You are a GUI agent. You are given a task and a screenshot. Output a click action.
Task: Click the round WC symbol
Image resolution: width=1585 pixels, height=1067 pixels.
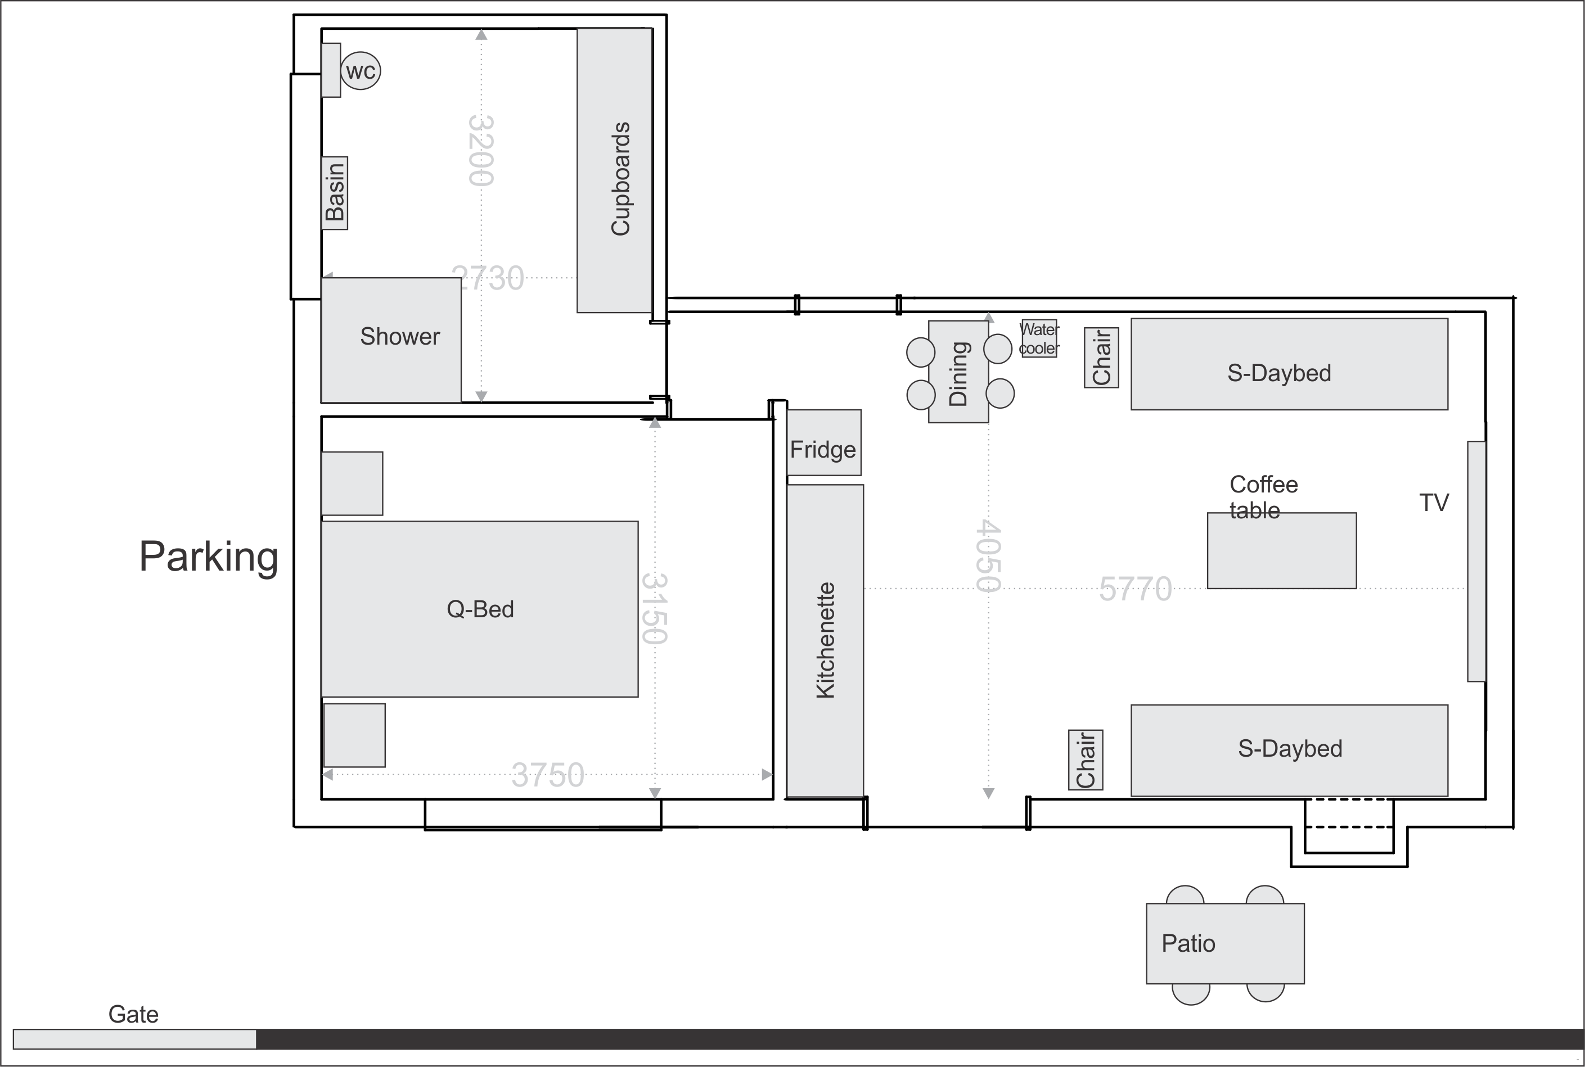pyautogui.click(x=360, y=71)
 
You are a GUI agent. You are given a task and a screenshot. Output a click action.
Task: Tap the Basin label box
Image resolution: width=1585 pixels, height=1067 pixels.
pyautogui.click(x=334, y=193)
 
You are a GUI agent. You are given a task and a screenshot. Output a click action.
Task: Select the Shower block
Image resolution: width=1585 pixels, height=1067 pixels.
pyautogui.click(x=391, y=340)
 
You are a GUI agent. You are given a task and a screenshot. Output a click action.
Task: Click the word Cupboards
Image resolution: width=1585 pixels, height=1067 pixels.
pyautogui.click(x=620, y=179)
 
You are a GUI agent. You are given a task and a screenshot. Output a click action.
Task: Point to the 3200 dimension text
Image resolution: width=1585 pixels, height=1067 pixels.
pyautogui.click(x=481, y=151)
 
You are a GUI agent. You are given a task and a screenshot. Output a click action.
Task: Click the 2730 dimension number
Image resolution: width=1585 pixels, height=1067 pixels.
pyautogui.click(x=488, y=278)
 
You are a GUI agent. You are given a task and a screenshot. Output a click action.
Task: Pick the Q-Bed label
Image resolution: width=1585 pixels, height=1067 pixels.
pyautogui.click(x=480, y=609)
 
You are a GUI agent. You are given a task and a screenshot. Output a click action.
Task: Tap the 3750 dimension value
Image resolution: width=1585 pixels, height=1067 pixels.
pyautogui.click(x=548, y=775)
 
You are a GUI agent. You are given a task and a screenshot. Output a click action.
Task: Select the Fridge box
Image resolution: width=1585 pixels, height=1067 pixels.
pyautogui.click(x=824, y=442)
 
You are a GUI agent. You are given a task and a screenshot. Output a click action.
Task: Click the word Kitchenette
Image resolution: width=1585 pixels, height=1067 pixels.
pyautogui.click(x=825, y=640)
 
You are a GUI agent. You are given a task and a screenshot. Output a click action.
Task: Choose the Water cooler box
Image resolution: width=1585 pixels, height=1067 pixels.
pyautogui.click(x=1039, y=338)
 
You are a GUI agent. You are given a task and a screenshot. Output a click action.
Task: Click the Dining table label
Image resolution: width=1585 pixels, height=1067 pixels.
pyautogui.click(x=958, y=374)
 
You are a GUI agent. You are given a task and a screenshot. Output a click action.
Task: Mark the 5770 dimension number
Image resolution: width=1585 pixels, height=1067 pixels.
pyautogui.click(x=1136, y=589)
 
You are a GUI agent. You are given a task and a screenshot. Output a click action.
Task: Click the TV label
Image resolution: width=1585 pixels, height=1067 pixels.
pyautogui.click(x=1434, y=503)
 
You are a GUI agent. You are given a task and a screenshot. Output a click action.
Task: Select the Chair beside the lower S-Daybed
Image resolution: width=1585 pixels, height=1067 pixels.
pyautogui.click(x=1086, y=760)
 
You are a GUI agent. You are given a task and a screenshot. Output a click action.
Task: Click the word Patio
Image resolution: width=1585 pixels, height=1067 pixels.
pyautogui.click(x=1188, y=944)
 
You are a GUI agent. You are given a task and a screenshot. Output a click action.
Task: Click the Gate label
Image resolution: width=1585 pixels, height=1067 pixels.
pyautogui.click(x=133, y=1015)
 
